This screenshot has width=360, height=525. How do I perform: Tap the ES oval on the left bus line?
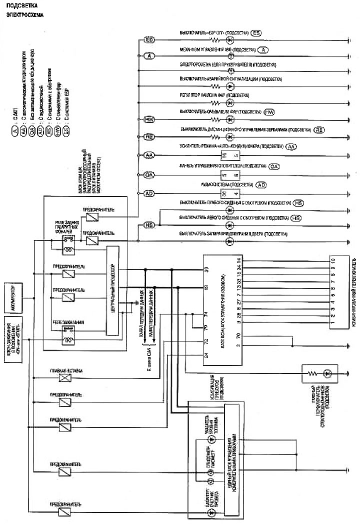coord(148,39)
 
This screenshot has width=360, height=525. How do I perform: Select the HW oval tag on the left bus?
coord(148,120)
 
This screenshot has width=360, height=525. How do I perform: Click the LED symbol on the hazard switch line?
coord(230,86)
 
